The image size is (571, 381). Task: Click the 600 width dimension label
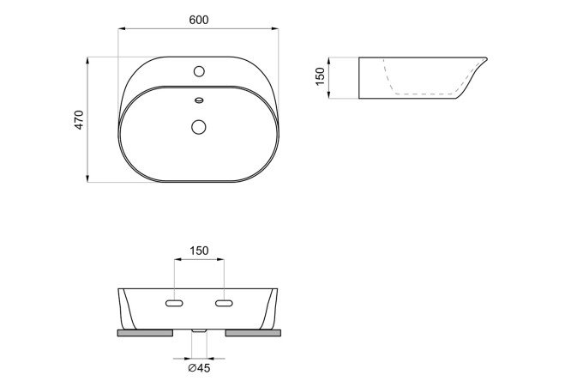(199, 20)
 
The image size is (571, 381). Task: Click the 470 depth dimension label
(79, 120)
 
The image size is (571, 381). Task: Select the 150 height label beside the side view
(320, 76)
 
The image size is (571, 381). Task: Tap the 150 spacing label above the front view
(199, 251)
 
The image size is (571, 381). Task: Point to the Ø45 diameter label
(199, 368)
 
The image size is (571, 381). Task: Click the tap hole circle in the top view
(199, 71)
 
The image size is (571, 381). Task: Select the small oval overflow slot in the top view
(199, 100)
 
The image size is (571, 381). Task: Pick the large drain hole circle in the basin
(199, 127)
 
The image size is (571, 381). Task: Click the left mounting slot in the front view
(174, 304)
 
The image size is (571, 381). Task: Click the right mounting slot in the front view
(224, 304)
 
